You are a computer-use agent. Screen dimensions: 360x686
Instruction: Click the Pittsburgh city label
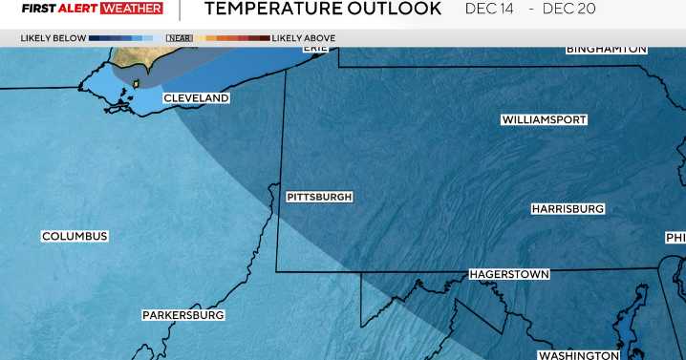pyautogui.click(x=319, y=197)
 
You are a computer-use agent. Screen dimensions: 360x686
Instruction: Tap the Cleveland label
pyautogui.click(x=196, y=98)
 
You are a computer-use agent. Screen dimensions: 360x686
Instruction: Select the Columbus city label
pyautogui.click(x=75, y=236)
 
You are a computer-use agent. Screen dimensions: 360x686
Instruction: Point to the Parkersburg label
pyautogui.click(x=183, y=314)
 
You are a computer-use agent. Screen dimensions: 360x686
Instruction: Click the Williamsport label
pyautogui.click(x=544, y=119)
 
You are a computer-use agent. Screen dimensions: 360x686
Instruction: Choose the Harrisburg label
pyautogui.click(x=568, y=208)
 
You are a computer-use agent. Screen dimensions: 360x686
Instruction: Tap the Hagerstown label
pyautogui.click(x=509, y=274)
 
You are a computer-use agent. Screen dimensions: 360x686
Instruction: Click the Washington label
pyautogui.click(x=578, y=355)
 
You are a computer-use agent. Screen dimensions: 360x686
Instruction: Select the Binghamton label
pyautogui.click(x=606, y=49)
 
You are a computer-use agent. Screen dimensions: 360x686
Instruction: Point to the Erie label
pyautogui.click(x=315, y=47)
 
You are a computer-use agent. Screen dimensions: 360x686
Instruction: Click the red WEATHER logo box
pyautogui.click(x=131, y=9)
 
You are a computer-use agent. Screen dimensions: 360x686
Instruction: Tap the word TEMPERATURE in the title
pyautogui.click(x=269, y=10)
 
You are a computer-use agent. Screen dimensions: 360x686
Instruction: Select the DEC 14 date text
pyautogui.click(x=488, y=10)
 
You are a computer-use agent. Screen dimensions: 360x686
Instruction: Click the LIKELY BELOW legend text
pyautogui.click(x=53, y=38)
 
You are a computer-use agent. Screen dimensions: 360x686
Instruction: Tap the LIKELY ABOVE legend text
pyautogui.click(x=304, y=38)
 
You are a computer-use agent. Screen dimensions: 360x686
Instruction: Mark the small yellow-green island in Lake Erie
pyautogui.click(x=136, y=83)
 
